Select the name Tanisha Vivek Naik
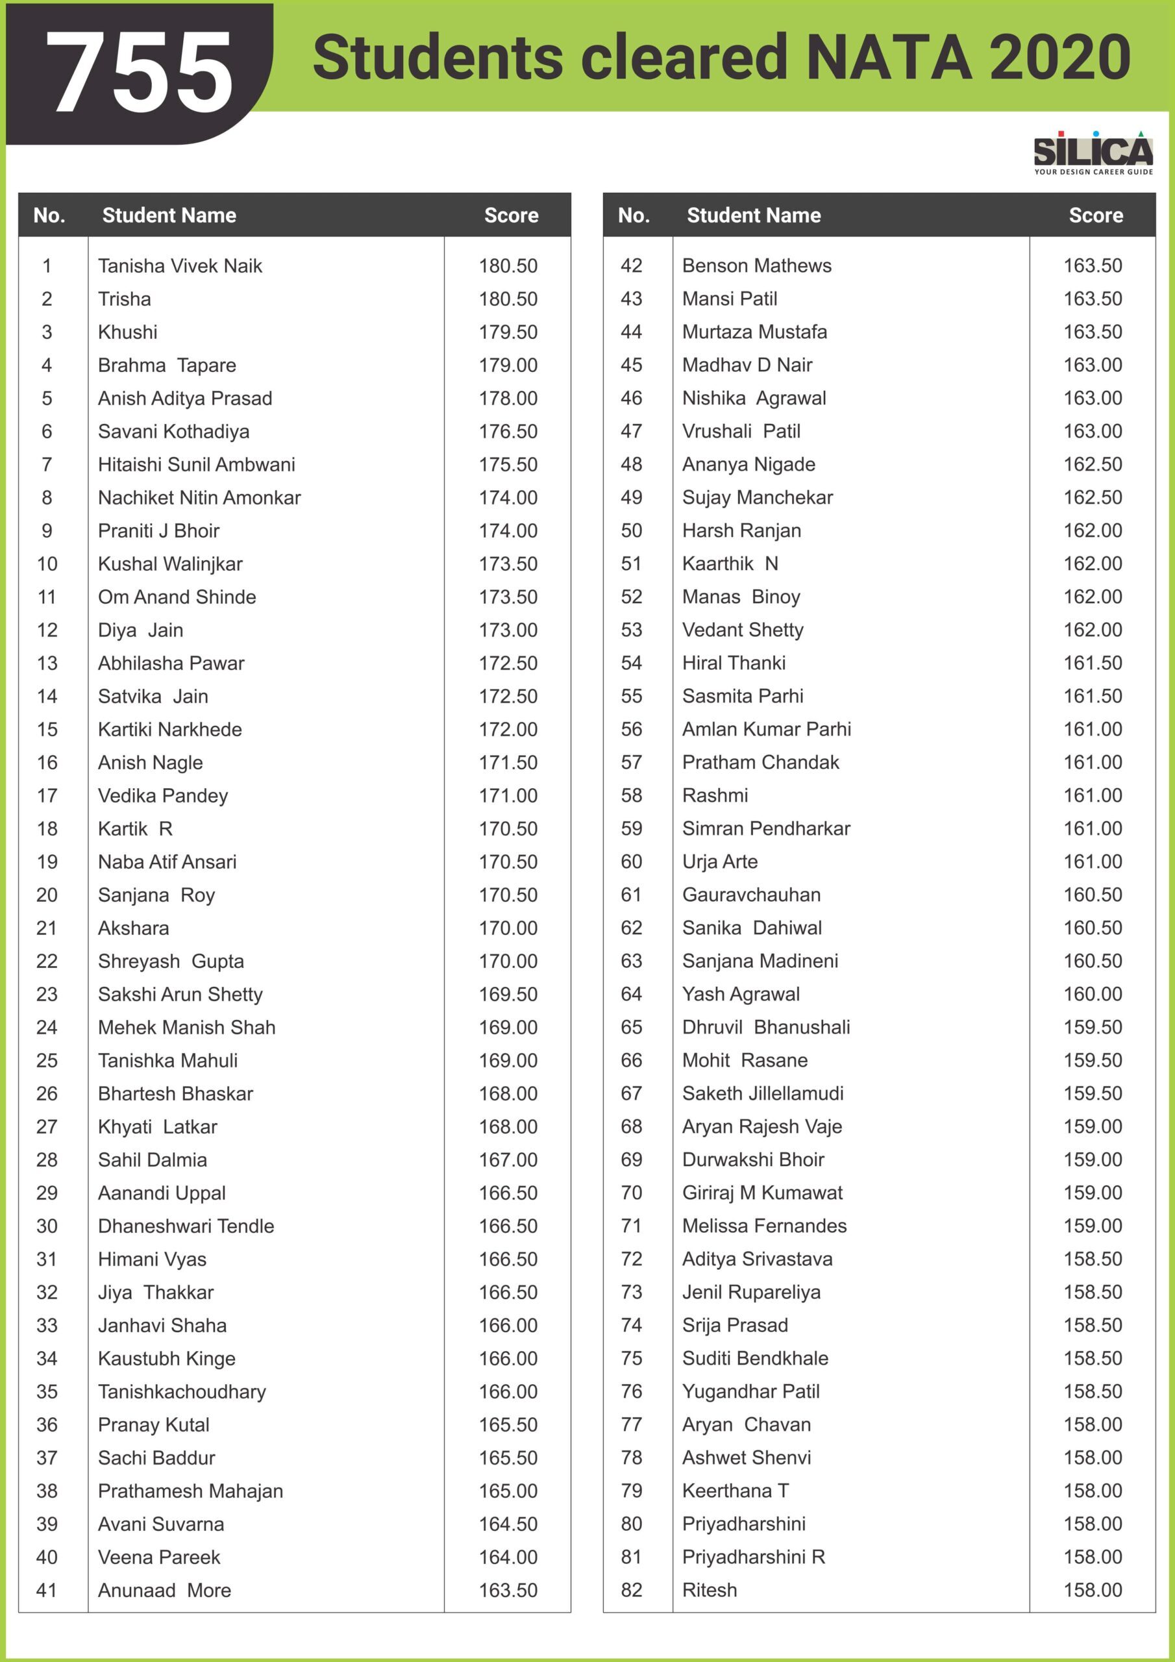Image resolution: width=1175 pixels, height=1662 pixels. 180,266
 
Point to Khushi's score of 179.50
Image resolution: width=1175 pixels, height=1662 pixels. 508,332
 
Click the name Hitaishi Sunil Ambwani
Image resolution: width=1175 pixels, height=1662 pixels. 196,465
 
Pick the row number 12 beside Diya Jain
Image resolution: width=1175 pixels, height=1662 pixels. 47,630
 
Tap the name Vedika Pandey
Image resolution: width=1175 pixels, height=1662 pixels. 163,796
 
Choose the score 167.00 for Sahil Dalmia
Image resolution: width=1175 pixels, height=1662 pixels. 508,1160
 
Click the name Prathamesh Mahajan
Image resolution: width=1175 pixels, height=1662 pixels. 190,1491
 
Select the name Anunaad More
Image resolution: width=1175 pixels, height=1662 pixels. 164,1591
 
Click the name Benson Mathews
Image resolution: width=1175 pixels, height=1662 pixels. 756,266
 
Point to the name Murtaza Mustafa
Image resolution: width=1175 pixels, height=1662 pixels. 754,332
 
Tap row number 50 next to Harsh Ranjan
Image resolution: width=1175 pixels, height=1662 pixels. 631,530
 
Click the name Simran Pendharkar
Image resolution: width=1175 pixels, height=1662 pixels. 766,829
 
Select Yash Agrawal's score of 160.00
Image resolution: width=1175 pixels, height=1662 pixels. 1093,995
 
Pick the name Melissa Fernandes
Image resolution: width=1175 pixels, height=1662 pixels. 764,1226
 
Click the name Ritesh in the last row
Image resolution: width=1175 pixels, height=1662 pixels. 710,1591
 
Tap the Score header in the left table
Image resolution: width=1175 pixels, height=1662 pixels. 511,216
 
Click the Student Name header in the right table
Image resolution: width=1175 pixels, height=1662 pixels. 754,216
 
